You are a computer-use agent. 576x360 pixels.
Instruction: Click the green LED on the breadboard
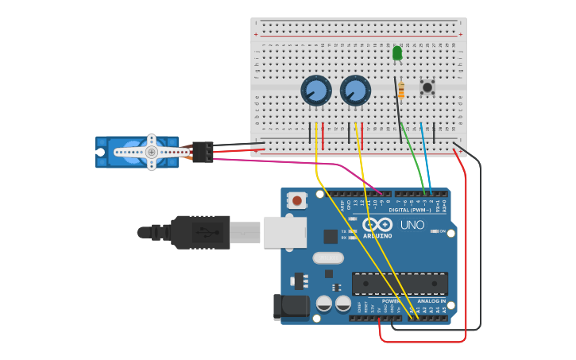pos(397,53)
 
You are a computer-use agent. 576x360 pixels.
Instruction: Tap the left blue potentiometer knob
pos(315,91)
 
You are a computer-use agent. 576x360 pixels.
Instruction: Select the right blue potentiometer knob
pos(355,91)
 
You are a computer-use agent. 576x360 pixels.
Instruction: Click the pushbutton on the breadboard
pos(427,87)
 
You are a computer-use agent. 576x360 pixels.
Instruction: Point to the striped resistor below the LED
pos(401,90)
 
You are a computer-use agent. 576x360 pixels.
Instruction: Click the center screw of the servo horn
pos(151,151)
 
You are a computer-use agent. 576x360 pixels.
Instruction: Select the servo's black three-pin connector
pos(203,151)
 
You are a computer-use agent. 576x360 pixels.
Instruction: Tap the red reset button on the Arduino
pos(297,201)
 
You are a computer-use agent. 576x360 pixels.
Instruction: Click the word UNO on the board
pos(412,226)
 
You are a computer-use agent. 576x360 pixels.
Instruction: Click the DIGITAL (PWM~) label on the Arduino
pos(411,210)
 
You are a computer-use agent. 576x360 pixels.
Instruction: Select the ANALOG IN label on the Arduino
pos(432,301)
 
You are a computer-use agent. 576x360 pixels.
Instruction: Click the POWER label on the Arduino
pos(391,301)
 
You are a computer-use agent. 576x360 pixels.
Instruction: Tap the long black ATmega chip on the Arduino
pos(400,282)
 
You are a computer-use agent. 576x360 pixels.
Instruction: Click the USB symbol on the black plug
pos(208,233)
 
